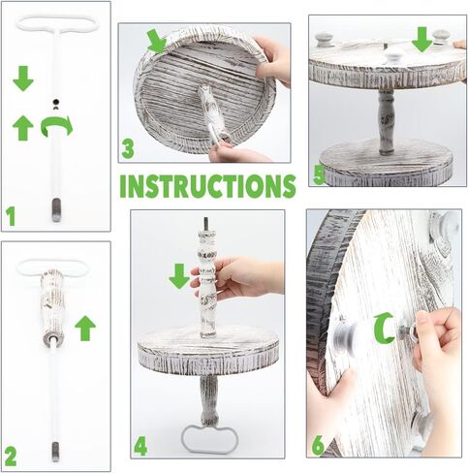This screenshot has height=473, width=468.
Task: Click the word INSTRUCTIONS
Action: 207,186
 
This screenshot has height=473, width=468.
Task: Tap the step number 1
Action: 11,217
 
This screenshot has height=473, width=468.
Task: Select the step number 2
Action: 11,457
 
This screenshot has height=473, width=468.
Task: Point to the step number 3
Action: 128,149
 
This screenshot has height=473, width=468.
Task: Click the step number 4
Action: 140,447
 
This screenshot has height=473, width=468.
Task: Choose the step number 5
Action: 319,176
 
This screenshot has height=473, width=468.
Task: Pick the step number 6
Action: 318,445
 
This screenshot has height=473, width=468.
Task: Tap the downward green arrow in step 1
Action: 23,79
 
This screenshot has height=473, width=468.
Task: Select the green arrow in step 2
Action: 85,329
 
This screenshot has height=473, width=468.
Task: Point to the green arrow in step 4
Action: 179,276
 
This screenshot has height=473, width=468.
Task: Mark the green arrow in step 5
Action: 422,40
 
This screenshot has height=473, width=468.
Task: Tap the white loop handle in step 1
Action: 57,24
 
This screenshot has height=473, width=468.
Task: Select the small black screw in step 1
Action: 56,102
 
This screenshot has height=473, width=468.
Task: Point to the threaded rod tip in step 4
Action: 205,224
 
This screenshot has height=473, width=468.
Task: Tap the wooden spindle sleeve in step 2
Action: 53,306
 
